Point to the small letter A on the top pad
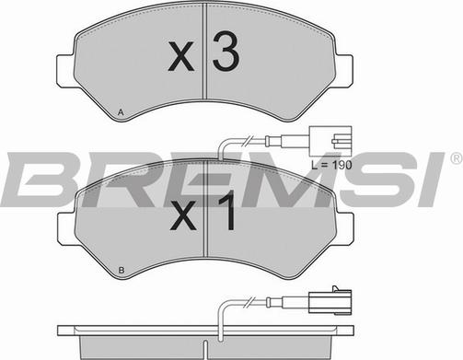click(x=121, y=112)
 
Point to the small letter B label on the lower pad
click(x=121, y=271)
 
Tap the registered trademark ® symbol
click(x=455, y=159)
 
